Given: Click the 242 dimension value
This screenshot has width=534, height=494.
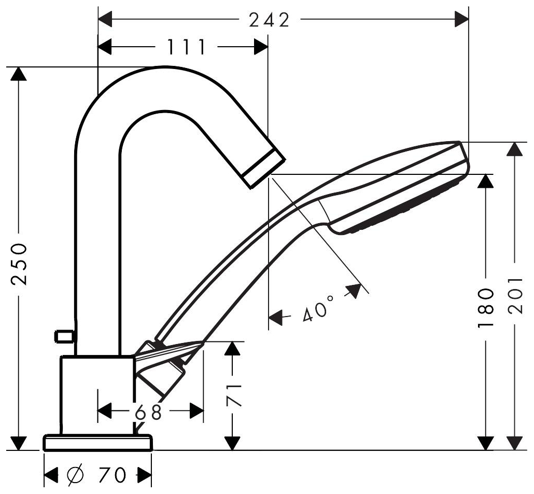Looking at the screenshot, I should [269, 21].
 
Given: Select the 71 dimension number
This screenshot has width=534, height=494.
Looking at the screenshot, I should [234, 395].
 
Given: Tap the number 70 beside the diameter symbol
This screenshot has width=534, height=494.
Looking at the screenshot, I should [113, 475].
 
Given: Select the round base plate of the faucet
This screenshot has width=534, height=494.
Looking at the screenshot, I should [98, 443].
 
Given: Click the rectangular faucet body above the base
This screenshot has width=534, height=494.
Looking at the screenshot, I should [97, 395].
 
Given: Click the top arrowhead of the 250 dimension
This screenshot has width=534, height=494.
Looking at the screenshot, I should [19, 74].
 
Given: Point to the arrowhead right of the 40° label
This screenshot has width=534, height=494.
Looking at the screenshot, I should [354, 291].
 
